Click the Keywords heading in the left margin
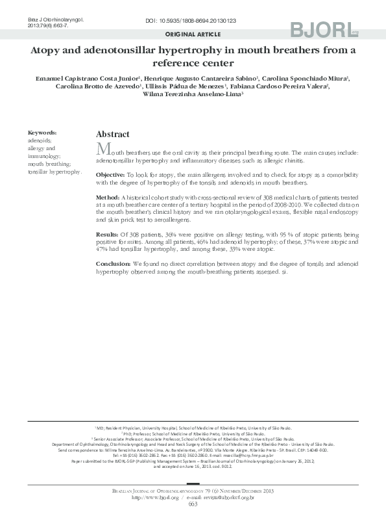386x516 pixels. pos(42,131)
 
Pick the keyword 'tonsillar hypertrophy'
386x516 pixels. pos(54,172)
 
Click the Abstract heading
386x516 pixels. pos(112,134)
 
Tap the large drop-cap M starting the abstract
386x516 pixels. pos(102,148)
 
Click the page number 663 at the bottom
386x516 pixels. pos(193,504)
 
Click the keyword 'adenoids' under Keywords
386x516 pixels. pos(40,140)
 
